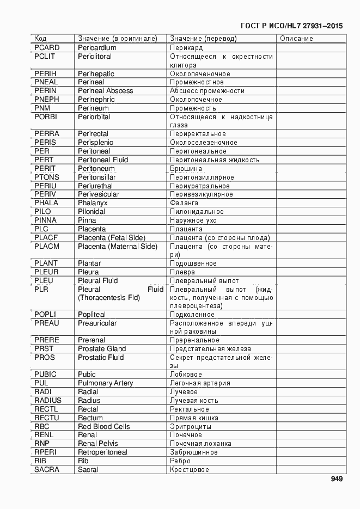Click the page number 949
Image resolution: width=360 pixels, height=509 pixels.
pos(336,480)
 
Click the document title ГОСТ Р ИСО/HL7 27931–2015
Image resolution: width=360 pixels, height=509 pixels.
pos(291,26)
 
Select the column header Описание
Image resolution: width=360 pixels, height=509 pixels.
pos(296,39)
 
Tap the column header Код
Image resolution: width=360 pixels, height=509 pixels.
pos(40,39)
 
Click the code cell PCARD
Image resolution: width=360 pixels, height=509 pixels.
pos(47,48)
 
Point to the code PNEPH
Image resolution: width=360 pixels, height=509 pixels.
pos(46,100)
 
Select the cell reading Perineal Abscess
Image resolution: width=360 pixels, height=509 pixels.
pos(105,91)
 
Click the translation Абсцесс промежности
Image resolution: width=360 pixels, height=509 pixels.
pos(207,91)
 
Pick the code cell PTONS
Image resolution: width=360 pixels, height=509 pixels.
pos(47,177)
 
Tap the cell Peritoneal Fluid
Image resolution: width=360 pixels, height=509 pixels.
pos(103,160)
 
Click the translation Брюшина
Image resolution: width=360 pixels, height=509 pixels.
pos(186,169)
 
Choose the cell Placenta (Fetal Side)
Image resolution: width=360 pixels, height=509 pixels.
pos(112,238)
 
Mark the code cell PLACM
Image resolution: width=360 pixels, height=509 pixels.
pos(47,247)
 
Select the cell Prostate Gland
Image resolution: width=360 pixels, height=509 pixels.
pos(102,349)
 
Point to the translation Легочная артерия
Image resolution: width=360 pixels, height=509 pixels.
pos(199,383)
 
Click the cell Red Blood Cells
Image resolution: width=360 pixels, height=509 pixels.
pos(104,426)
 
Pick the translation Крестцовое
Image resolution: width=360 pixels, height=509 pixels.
pos(189,470)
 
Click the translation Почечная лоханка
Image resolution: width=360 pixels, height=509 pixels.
pos(200,444)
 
